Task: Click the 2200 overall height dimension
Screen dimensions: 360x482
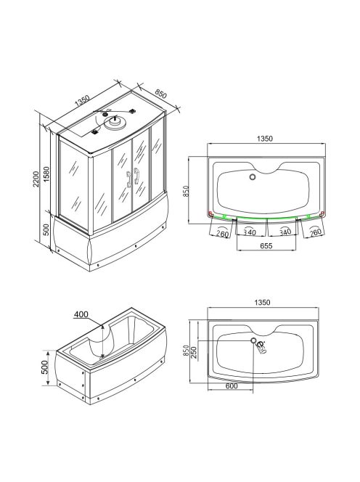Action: click(36, 179)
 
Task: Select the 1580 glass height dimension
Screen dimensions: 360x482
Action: click(46, 174)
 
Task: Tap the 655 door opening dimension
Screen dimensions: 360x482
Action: click(266, 246)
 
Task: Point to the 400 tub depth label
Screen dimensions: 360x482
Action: click(81, 314)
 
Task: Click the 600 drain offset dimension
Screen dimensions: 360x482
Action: click(232, 386)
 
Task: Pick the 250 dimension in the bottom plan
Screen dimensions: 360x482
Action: click(194, 353)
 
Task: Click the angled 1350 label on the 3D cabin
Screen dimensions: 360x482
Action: click(82, 100)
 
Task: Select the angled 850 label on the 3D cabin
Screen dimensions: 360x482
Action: click(160, 94)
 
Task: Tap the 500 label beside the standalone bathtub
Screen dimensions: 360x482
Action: click(45, 367)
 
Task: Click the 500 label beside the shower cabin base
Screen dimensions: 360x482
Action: click(46, 229)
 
